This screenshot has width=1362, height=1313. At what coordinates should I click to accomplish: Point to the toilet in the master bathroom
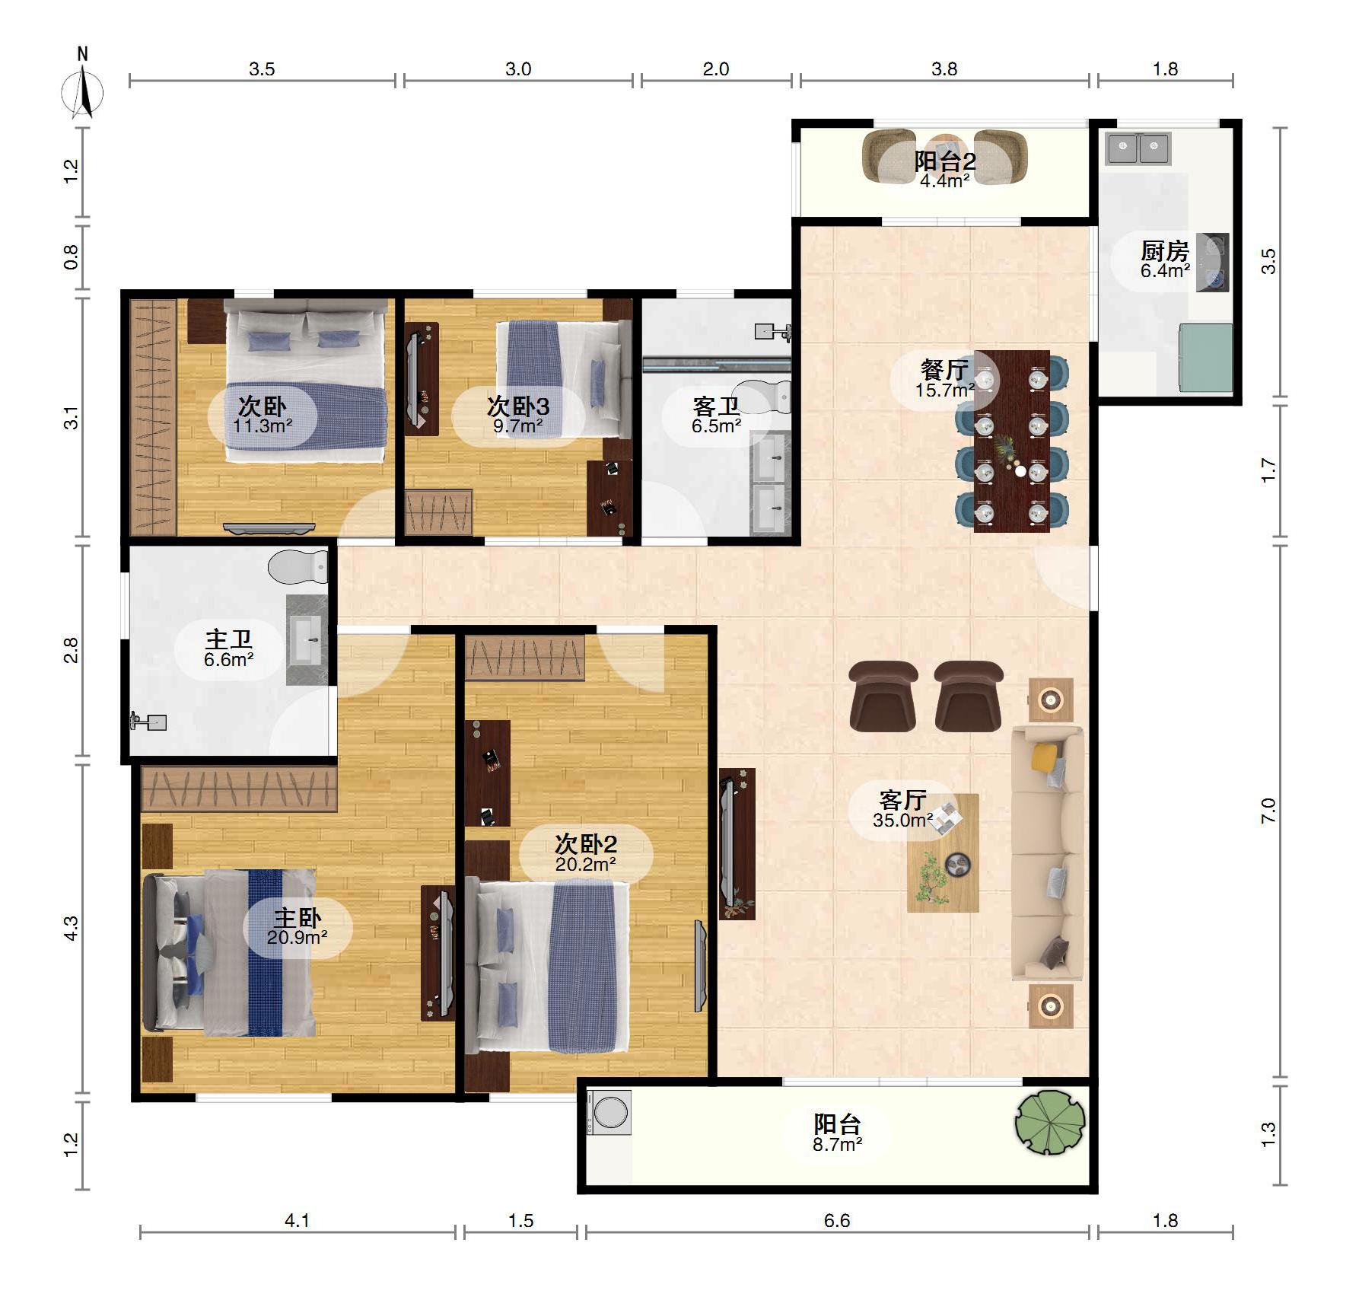coord(298,567)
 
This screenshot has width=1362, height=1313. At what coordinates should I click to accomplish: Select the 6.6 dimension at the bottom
coord(837,1220)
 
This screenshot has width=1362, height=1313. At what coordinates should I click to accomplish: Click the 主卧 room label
coord(298,918)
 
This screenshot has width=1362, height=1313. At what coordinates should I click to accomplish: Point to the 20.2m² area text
coord(586,864)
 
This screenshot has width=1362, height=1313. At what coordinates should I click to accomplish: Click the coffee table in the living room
coord(943,852)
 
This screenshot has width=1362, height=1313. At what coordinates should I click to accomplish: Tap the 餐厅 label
coord(944,370)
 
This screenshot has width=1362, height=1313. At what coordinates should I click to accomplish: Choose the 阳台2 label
coord(945,161)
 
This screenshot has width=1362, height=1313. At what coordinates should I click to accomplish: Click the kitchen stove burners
coord(1212,262)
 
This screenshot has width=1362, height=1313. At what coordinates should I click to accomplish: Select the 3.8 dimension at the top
coord(944,69)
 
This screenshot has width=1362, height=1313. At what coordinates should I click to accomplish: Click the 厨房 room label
coord(1165,250)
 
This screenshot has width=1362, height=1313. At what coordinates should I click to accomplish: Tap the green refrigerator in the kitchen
coord(1205,358)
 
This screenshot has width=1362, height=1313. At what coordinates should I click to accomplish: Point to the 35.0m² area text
coord(903,820)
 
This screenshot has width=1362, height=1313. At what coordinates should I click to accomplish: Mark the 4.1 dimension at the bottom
coord(297,1220)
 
